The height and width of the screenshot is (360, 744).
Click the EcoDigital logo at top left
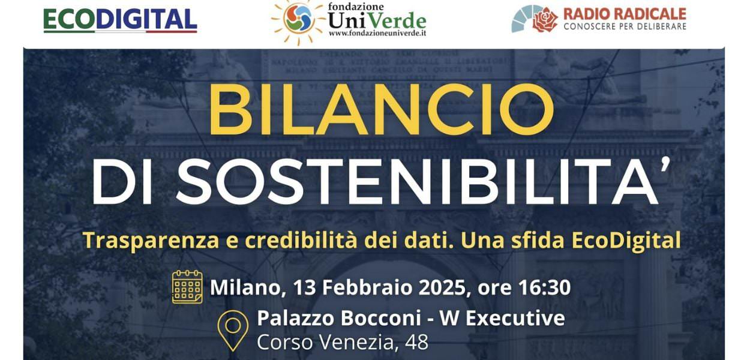(120, 20)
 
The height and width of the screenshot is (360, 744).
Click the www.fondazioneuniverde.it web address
(377, 34)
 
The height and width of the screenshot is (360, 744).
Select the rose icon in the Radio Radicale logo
(545, 19)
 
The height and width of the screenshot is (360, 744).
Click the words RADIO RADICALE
(625, 14)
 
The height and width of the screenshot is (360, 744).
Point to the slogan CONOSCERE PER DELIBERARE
(625, 27)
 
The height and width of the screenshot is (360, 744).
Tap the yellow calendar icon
(187, 286)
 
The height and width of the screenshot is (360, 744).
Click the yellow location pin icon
(233, 329)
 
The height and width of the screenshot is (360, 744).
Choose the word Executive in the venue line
(515, 318)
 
